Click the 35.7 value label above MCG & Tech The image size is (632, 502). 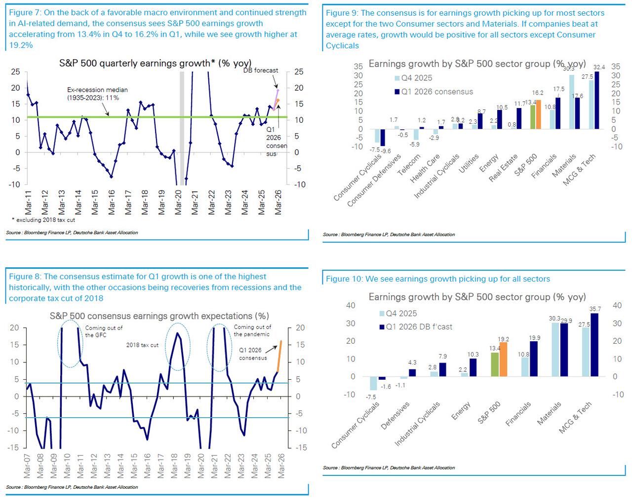pos(595,309)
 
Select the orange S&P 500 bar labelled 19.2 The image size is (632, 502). pos(503,359)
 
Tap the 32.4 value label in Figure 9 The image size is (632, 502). pos(599,67)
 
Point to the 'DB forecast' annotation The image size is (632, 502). pos(261,71)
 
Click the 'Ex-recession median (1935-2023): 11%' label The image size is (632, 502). pos(97,94)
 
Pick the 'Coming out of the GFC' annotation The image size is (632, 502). pos(104,331)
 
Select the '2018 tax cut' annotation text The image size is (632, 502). pos(142,345)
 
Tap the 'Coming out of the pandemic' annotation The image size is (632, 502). pos(252,330)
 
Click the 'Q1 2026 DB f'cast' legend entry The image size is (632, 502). pos(419,326)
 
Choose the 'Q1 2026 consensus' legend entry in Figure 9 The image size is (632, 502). pos(436,92)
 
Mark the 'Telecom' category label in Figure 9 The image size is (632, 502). pos(409,164)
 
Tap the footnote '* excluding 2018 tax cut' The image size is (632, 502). pos(43,220)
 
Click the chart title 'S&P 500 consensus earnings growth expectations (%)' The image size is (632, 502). pos(159,316)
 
